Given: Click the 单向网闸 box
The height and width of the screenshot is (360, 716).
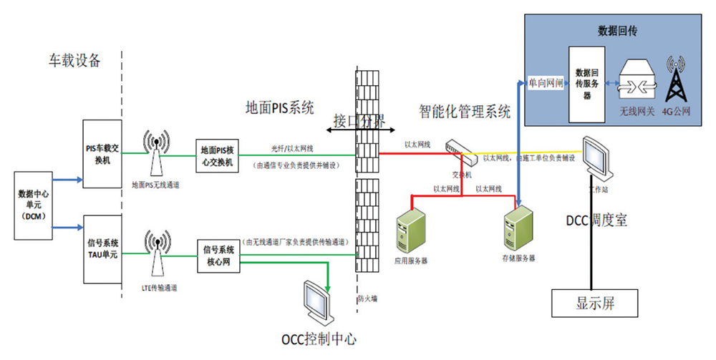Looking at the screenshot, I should (545, 83).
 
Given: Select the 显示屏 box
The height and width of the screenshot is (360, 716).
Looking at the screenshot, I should (595, 303).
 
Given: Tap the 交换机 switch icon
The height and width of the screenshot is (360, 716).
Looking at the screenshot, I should (458, 149).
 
